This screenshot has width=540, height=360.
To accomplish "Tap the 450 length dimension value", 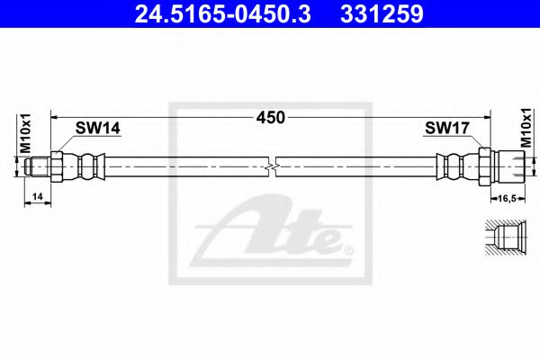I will click(x=270, y=117).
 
